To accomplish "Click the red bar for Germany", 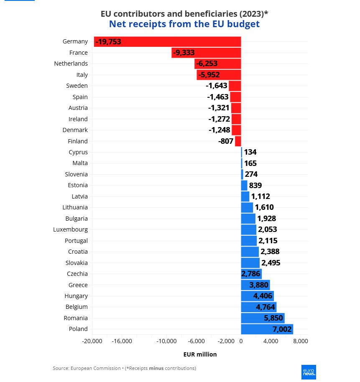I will [x=167, y=41].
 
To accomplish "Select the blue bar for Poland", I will [x=267, y=329].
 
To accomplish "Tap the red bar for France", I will [x=206, y=53].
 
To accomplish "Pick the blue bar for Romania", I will [x=263, y=318].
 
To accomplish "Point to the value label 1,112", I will [x=260, y=196].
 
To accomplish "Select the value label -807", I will [x=226, y=141].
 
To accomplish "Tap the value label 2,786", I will [x=251, y=274].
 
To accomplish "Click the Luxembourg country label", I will [x=70, y=229].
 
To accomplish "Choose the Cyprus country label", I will [x=78, y=152].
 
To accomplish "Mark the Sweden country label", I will [x=77, y=86].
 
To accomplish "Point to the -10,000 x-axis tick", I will [x=166, y=341].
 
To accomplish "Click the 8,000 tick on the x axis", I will [x=301, y=341].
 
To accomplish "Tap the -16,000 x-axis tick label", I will [x=122, y=341].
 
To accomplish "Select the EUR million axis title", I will [x=200, y=354].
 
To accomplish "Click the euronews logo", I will [x=309, y=372].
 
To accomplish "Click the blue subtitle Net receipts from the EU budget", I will [x=184, y=24].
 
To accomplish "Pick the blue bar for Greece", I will [x=255, y=285].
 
